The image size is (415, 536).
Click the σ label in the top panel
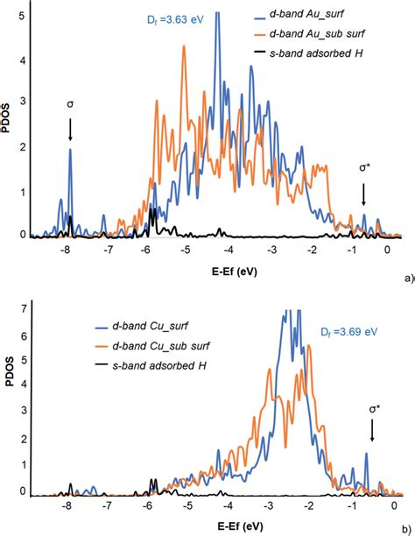[x=70, y=104]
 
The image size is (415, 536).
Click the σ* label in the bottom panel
[x=372, y=409]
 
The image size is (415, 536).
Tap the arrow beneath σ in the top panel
[x=70, y=130]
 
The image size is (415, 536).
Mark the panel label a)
[x=404, y=277]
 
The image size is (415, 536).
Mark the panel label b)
[x=404, y=528]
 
